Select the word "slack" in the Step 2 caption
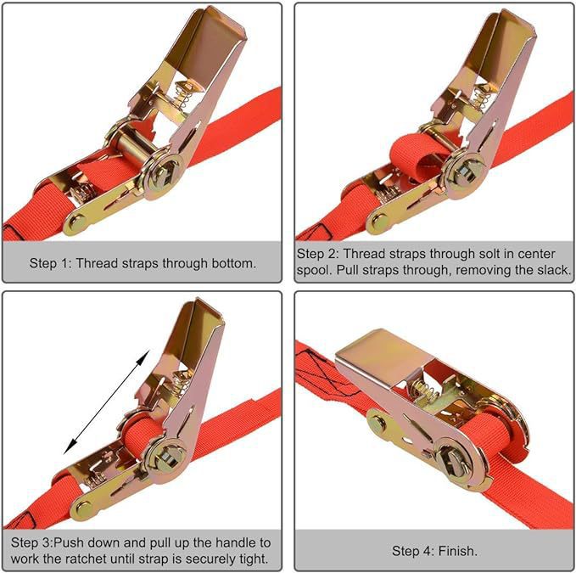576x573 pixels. pos(552,270)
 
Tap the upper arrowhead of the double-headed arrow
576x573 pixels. pos(144,356)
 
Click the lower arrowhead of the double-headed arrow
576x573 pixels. pos(70,447)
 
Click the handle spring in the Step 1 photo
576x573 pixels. pos(183,95)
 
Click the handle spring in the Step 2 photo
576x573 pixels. pos(481,96)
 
